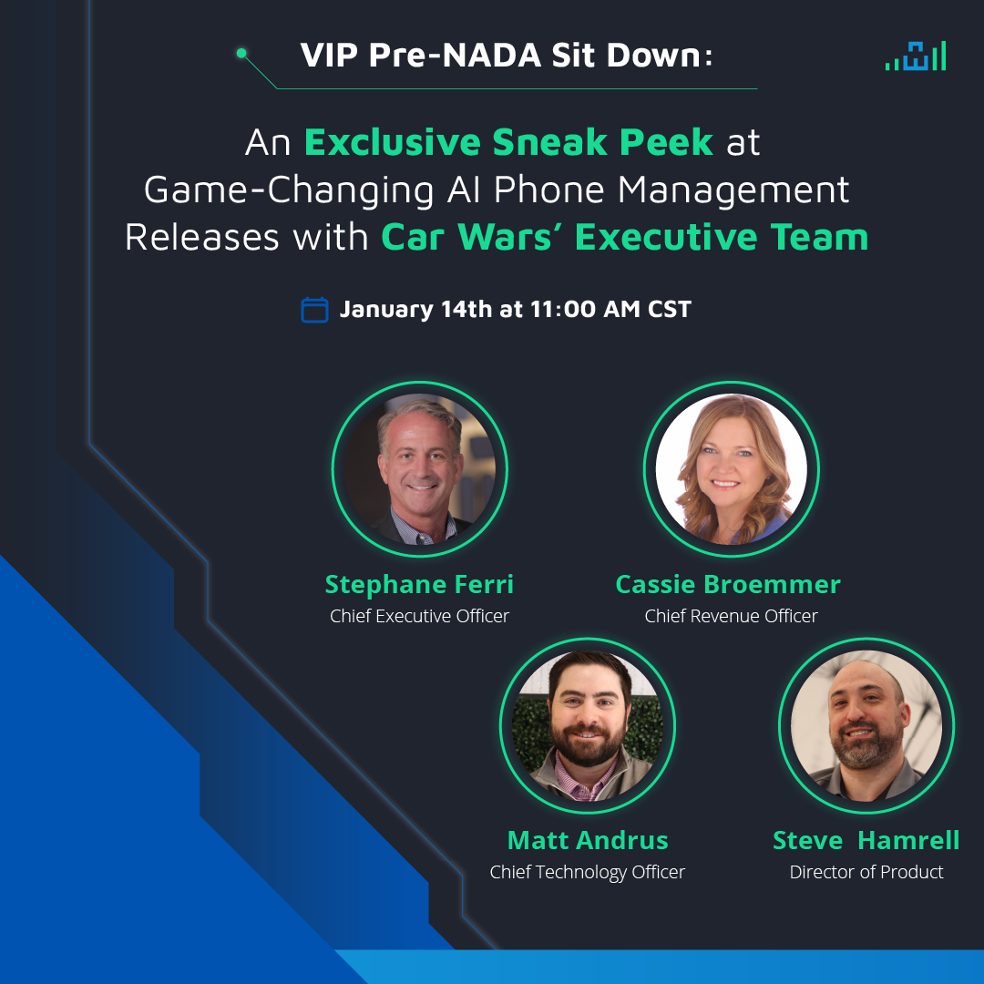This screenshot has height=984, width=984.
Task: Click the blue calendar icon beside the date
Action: [314, 310]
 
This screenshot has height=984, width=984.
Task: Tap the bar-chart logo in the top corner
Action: [916, 56]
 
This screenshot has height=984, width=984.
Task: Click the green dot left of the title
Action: [241, 54]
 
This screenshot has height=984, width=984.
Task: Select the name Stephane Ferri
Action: [419, 584]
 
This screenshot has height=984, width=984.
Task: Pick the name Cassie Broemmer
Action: [728, 584]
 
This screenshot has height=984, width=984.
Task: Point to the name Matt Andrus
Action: [588, 839]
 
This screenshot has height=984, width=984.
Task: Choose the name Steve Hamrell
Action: [866, 839]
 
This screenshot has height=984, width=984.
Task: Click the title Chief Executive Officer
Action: [419, 617]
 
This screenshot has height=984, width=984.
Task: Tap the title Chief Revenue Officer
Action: [731, 617]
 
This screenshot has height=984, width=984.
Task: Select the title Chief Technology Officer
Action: [587, 872]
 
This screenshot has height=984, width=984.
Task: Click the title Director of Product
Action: [866, 872]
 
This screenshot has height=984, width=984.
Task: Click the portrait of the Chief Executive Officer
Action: [420, 470]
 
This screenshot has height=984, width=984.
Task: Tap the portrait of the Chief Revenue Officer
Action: [731, 470]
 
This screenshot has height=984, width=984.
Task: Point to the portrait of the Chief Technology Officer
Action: [588, 725]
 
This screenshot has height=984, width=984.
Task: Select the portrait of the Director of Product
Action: [866, 725]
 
